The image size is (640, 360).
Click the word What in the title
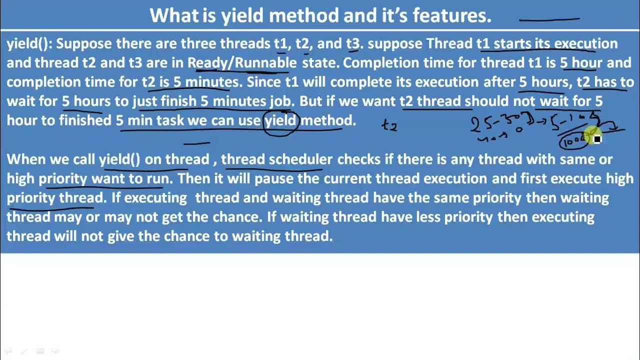(x=174, y=15)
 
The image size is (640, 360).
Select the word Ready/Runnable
(x=242, y=63)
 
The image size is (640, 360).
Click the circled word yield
(x=280, y=120)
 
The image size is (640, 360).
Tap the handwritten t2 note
(x=389, y=125)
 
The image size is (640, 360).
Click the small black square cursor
(x=597, y=139)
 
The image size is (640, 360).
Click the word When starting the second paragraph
(x=25, y=159)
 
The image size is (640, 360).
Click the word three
(x=198, y=43)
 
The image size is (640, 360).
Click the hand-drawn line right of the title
(x=549, y=19)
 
